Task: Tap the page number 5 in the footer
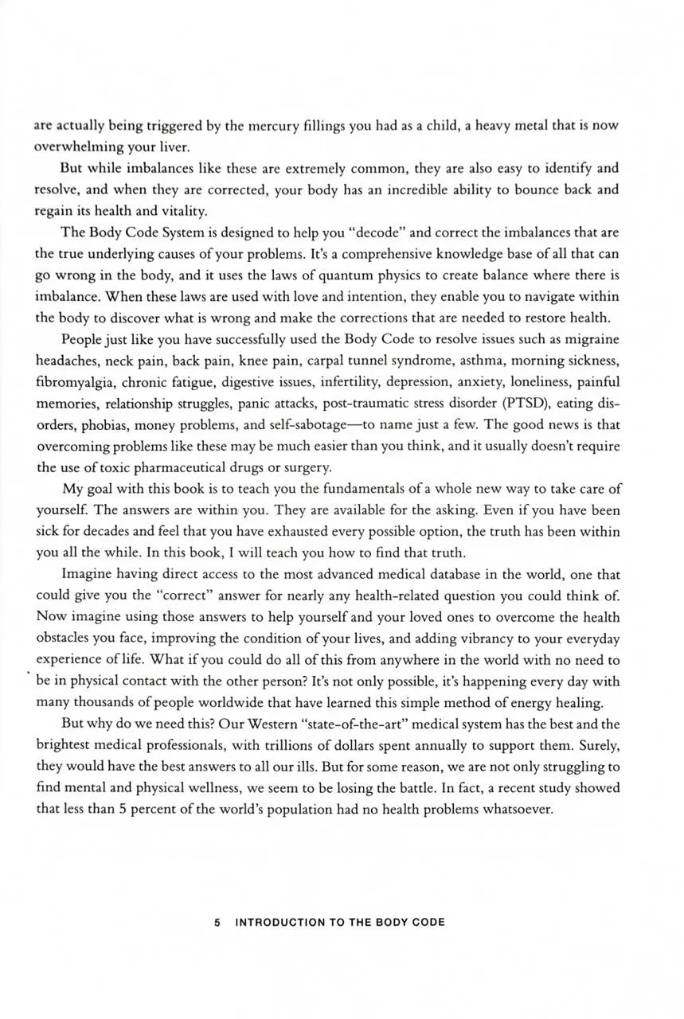[x=217, y=923]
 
